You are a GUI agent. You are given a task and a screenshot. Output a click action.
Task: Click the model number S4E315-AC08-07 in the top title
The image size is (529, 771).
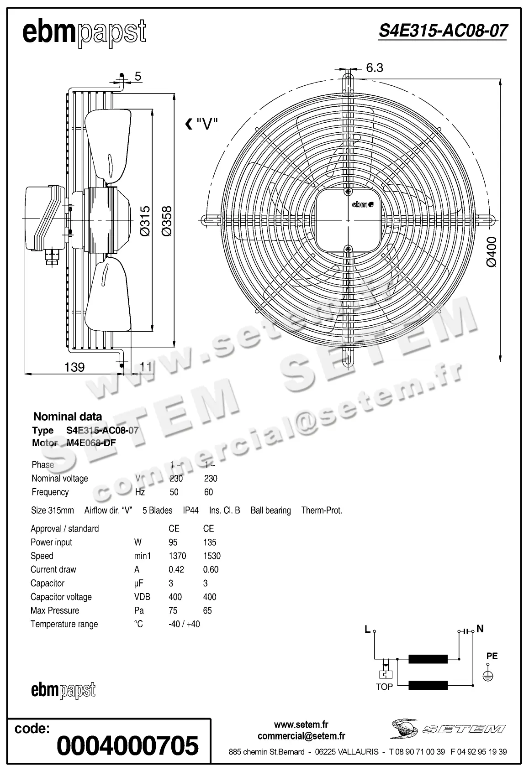click(x=443, y=31)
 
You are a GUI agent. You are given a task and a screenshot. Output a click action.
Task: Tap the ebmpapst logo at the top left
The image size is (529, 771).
click(x=85, y=33)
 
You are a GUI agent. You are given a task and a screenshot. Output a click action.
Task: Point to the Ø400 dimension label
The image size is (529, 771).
click(x=491, y=251)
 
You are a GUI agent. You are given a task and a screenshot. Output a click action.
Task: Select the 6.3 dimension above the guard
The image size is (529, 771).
click(x=374, y=68)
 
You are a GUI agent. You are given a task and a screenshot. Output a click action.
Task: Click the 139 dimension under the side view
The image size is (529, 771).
click(x=74, y=367)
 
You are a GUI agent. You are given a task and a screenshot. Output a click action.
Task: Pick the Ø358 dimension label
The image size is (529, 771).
click(x=167, y=221)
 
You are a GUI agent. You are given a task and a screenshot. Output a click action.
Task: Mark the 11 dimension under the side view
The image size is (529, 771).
click(x=146, y=367)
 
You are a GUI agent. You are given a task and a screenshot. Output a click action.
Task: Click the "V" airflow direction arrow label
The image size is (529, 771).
click(x=201, y=124)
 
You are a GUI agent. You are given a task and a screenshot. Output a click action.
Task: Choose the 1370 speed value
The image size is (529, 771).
click(x=177, y=556)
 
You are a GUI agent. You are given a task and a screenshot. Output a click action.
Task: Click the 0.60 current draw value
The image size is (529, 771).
click(x=211, y=569)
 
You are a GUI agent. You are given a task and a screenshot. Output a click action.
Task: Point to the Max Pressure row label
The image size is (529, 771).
click(x=55, y=610)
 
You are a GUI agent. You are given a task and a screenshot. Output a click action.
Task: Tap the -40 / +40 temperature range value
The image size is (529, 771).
click(x=184, y=624)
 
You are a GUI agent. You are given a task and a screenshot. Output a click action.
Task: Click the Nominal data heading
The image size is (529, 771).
click(x=68, y=416)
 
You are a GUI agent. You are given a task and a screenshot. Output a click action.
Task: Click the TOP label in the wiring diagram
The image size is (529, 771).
click(x=384, y=687)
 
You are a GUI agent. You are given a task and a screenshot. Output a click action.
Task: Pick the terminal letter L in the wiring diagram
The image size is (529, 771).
click(x=367, y=630)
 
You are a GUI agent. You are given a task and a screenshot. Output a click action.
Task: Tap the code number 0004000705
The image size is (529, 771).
click(x=127, y=746)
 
